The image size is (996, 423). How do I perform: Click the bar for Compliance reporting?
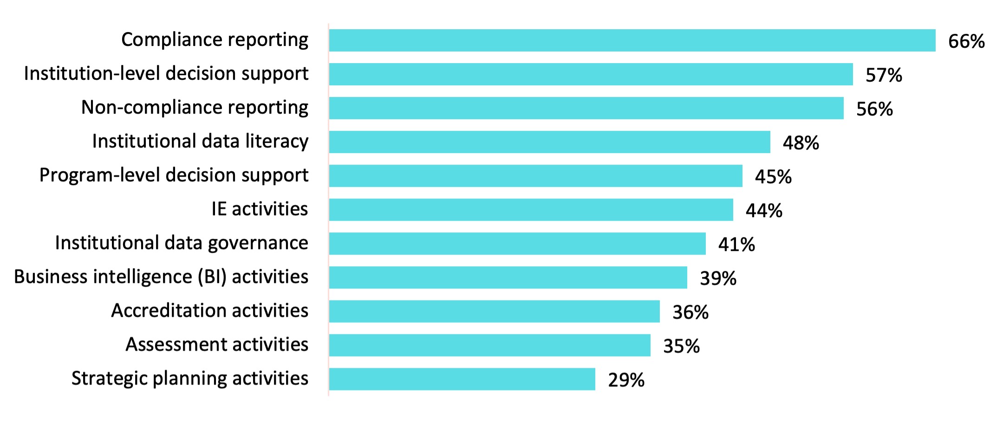click(631, 40)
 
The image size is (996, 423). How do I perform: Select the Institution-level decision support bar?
click(591, 74)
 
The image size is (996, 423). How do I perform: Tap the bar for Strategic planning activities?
click(462, 379)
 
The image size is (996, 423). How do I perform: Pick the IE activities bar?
click(531, 210)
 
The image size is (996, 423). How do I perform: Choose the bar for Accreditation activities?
click(494, 311)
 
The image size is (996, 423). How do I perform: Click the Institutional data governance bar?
click(517, 244)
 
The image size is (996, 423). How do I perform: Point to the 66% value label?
click(966, 41)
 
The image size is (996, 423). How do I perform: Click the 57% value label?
click(884, 75)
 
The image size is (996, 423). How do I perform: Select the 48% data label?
click(801, 143)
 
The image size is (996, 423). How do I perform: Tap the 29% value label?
click(626, 380)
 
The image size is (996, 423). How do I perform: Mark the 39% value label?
click(718, 278)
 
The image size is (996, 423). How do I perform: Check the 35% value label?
click(681, 346)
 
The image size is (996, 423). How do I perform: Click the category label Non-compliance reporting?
click(195, 108)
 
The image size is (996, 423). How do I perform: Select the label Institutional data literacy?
click(200, 141)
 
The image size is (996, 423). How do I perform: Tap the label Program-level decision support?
click(174, 175)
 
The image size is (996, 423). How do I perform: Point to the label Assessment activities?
click(217, 345)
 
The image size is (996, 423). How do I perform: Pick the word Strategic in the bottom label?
click(109, 378)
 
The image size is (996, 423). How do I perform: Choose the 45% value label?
click(773, 177)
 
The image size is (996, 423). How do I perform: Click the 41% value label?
click(736, 244)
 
